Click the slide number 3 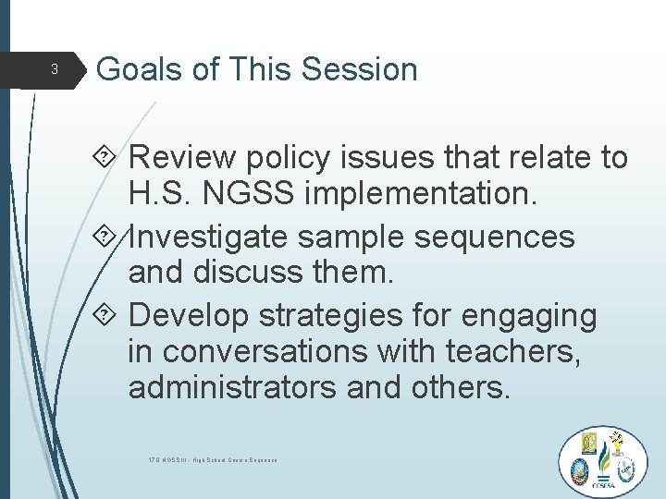click(54, 69)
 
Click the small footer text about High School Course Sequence click(213, 459)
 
